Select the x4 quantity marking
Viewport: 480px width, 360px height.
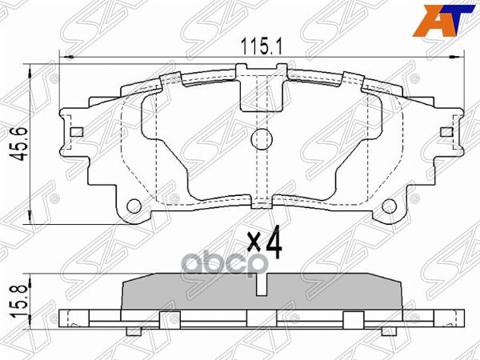click(x=265, y=245)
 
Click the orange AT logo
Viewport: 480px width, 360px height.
click(x=448, y=20)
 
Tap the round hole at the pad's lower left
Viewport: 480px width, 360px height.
click(x=134, y=205)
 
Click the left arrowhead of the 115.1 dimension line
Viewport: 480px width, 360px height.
click(x=66, y=57)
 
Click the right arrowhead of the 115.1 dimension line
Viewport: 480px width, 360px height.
click(x=461, y=57)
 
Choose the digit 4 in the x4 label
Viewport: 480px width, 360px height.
click(x=274, y=245)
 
